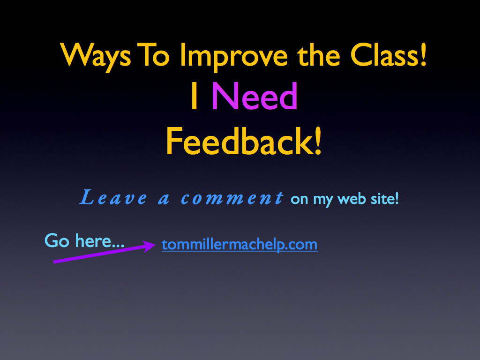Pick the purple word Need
click(x=255, y=96)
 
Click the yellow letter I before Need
click(x=194, y=96)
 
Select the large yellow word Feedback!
click(x=244, y=142)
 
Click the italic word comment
click(x=232, y=197)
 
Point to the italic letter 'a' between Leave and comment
click(x=164, y=199)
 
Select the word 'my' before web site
click(x=322, y=200)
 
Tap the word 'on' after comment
click(x=300, y=200)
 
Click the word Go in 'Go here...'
click(x=57, y=240)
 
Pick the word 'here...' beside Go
click(x=100, y=240)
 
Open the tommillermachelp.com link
click(x=240, y=245)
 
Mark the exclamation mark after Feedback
click(x=318, y=141)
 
